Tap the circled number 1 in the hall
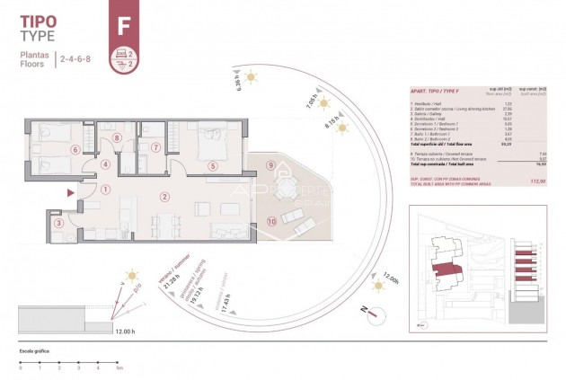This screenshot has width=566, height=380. (x=106, y=189)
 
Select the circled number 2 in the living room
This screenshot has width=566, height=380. (x=164, y=196)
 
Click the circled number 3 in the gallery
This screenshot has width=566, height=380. (x=59, y=224)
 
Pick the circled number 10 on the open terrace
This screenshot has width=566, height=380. (x=271, y=221)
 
